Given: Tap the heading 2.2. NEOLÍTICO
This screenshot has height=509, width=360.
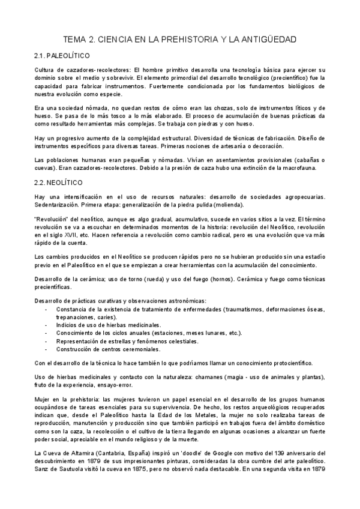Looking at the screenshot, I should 61,181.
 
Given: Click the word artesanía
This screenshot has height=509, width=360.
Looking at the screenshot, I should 235,146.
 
